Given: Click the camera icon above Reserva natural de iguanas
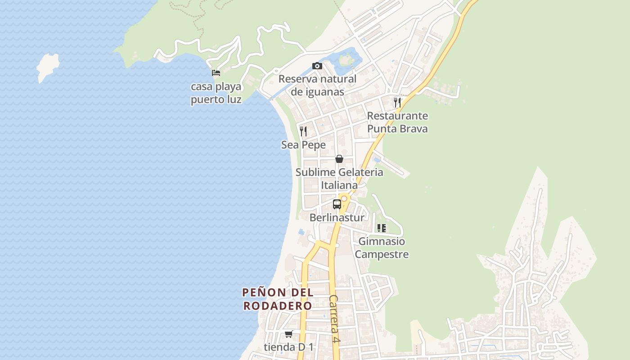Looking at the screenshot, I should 317,66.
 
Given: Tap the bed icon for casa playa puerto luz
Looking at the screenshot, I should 216,72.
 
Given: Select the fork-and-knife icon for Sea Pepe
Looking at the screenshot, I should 303,131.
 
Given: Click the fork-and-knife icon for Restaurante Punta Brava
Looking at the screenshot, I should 397,102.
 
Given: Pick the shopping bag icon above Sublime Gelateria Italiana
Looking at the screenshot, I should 339,159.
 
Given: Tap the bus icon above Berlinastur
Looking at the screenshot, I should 337,204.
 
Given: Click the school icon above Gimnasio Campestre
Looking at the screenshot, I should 382,228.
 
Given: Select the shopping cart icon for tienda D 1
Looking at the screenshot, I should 288,334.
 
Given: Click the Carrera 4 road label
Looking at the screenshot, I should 333,319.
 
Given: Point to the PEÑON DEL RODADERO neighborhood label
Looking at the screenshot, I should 278,299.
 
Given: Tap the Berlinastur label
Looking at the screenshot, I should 337,218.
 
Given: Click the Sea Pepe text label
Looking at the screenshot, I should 303,145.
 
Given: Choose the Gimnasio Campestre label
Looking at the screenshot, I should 382,248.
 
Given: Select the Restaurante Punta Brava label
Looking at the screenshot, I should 397,122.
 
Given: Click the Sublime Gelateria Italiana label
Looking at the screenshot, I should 339,179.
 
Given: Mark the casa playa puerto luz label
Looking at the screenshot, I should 216,93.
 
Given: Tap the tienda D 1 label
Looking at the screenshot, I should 288,347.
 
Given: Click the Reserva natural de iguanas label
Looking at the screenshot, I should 317,85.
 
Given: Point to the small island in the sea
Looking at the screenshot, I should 47,67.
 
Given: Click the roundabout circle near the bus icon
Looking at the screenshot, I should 344,198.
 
